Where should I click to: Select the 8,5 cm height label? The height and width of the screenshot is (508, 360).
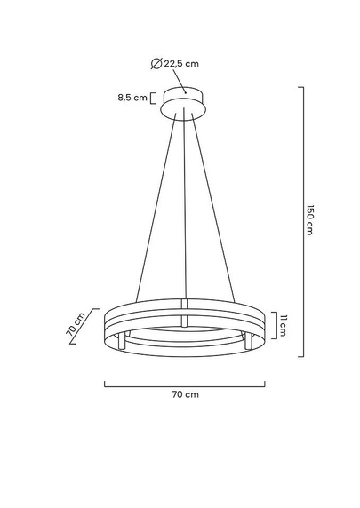pyautogui.click(x=132, y=98)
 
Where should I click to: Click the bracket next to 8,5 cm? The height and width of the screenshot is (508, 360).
pyautogui.click(x=153, y=98)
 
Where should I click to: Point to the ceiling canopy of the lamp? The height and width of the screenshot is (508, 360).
pyautogui.click(x=183, y=104)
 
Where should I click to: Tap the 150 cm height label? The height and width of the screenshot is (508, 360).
pyautogui.click(x=310, y=219)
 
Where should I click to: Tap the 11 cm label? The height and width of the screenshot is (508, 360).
pyautogui.click(x=283, y=326)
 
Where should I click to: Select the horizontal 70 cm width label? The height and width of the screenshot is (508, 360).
pyautogui.click(x=185, y=393)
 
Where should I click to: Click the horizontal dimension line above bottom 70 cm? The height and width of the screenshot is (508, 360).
pyautogui.click(x=184, y=384)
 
